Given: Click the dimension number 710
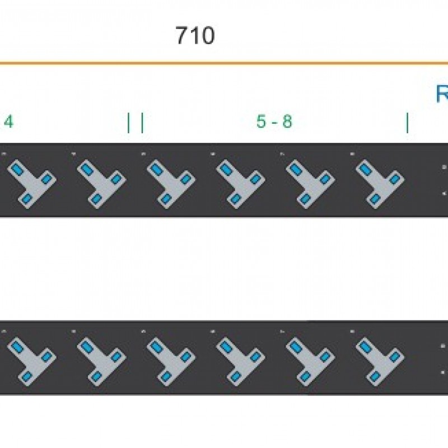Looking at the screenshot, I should point(195,36).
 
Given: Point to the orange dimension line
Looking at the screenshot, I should point(224,63).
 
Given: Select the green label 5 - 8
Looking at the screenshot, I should point(274,122).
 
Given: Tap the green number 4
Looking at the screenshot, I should point(8,122).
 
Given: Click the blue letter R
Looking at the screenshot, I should point(442,94).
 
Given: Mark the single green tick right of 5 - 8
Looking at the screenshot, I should point(407,123).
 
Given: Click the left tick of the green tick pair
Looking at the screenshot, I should point(129,123).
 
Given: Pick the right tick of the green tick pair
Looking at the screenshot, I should point(142,123).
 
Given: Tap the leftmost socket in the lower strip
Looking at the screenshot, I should point(31,358).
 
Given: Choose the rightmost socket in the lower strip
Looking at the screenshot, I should point(380,358).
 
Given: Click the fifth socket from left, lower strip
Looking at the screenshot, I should point(310,358).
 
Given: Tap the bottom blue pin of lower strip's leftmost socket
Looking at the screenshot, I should point(27,376).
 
